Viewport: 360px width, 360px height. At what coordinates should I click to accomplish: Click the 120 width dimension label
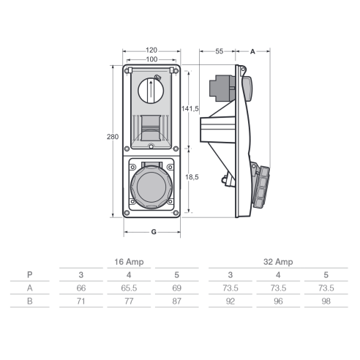tap(151, 50)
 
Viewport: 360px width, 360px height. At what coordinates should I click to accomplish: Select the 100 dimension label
tap(151, 59)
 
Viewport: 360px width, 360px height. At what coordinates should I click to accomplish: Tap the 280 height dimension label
tap(113, 137)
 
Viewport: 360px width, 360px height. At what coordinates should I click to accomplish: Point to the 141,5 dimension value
tap(190, 109)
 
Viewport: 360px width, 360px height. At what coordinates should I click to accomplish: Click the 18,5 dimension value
tap(192, 177)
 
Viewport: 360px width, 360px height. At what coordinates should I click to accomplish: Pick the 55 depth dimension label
tap(220, 51)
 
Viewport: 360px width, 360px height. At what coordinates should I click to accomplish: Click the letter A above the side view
tap(252, 52)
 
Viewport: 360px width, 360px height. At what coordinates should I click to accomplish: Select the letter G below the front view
tap(154, 232)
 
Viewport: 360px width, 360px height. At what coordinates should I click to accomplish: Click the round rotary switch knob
tap(151, 91)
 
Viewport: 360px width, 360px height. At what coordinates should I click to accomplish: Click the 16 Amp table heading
tap(129, 262)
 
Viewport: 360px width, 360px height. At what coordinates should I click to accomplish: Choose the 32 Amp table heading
tap(278, 262)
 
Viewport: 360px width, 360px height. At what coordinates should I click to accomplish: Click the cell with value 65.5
tap(129, 288)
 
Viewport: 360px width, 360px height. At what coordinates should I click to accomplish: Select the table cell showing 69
tap(177, 288)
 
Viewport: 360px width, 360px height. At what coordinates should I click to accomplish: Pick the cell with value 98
tap(326, 301)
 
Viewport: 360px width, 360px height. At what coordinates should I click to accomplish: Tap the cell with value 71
tap(81, 301)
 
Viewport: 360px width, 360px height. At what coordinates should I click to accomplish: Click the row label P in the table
tap(30, 275)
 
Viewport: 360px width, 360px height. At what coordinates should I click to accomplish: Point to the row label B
tap(30, 301)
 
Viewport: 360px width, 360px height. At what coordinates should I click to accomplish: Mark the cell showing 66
tap(81, 288)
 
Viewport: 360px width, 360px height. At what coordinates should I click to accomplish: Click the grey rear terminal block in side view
tap(222, 89)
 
